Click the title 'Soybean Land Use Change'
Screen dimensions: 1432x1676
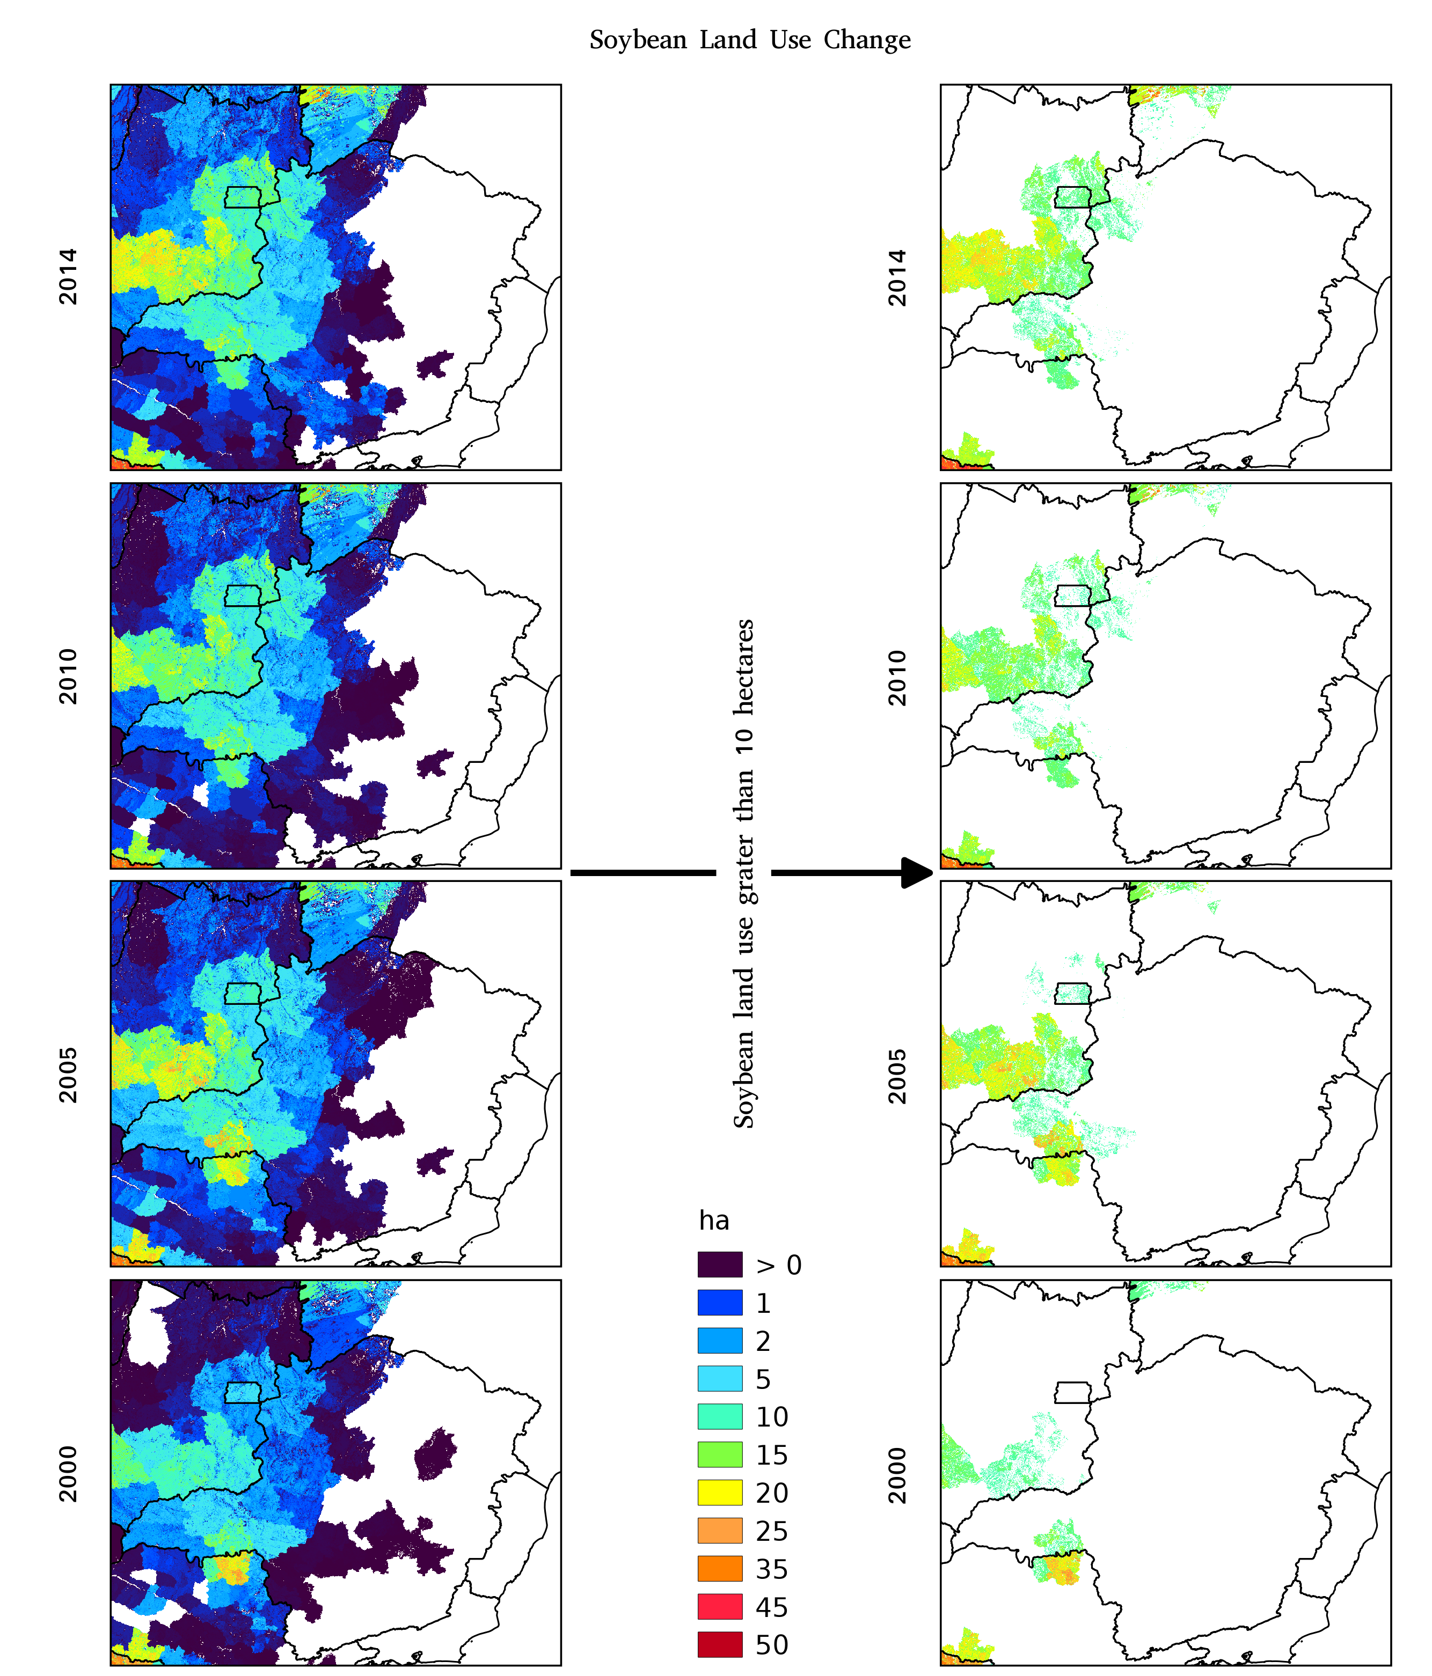coord(750,40)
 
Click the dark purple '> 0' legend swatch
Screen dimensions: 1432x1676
coord(719,1265)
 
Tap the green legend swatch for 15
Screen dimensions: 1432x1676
coord(719,1455)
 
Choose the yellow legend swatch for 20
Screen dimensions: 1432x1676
coord(719,1493)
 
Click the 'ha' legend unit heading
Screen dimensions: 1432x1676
coord(713,1221)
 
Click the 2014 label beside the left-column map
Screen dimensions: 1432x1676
coord(69,277)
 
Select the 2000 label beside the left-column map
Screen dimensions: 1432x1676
coord(69,1474)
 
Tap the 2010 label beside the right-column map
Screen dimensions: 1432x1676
coord(897,678)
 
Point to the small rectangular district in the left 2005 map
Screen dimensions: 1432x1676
coord(243,993)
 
